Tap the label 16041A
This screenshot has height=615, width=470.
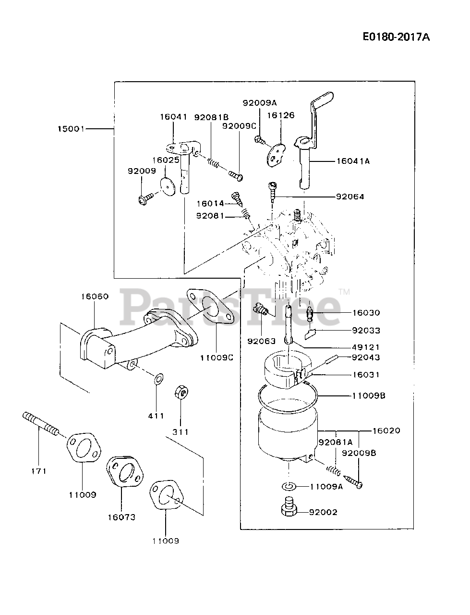tap(353, 161)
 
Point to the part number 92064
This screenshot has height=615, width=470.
tap(350, 197)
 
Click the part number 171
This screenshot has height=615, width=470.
tap(39, 471)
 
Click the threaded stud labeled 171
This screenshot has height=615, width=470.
tap(41, 423)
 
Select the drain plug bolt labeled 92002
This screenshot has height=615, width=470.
tap(288, 509)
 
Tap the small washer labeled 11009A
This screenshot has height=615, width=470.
tap(288, 487)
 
